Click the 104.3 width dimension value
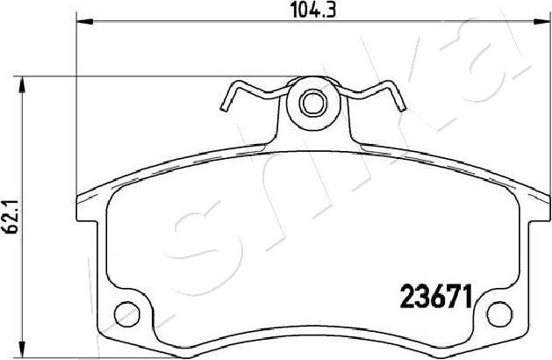[313, 10]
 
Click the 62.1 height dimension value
[11, 218]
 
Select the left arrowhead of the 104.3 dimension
[85, 22]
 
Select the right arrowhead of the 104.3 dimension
[541, 22]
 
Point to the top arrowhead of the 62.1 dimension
[22, 84]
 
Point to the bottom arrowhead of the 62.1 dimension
[22, 349]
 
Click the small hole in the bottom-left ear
[127, 313]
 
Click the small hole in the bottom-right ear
[499, 313]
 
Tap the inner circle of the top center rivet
[313, 103]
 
